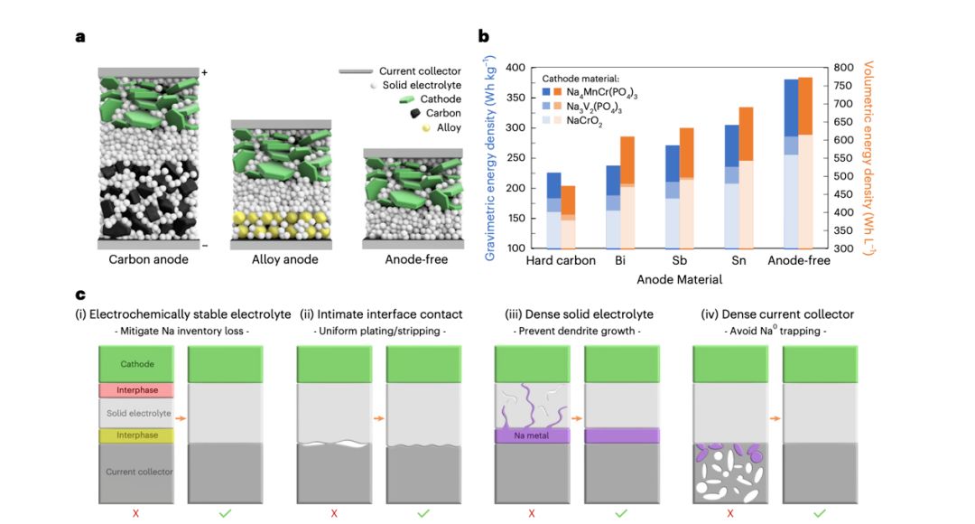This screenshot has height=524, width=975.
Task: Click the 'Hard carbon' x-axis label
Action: point(562,261)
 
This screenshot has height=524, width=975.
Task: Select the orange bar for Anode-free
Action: point(805,163)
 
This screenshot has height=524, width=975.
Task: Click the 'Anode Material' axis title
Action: point(679,279)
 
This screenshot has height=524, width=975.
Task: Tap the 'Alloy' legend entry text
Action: point(450,127)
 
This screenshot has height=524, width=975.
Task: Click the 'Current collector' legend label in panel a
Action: point(420,71)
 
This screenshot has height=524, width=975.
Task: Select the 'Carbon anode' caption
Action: point(148,260)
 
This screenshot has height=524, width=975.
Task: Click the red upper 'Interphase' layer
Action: point(136,390)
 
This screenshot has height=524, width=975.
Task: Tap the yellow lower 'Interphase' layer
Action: point(136,435)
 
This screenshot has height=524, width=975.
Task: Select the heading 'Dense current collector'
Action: point(777,314)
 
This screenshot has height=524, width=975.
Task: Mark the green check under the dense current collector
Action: point(819,513)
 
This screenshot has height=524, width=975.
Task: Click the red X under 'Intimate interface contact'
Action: point(334,513)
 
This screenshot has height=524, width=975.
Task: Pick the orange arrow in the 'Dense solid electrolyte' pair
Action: point(576,418)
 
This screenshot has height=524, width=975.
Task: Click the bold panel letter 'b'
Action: point(484,37)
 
